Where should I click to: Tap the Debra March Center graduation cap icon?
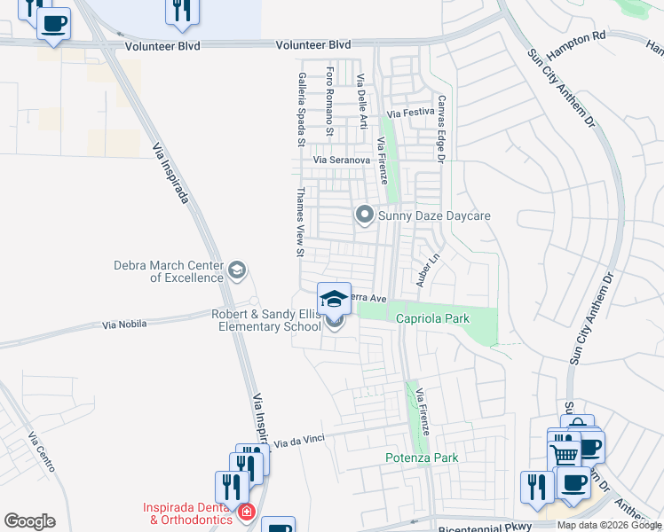coord(236,270)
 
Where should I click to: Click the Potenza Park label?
coord(422,458)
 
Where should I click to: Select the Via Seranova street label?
coord(341,160)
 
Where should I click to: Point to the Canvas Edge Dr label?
coord(439,129)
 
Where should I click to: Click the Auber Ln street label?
coord(428,270)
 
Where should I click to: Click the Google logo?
coord(29,521)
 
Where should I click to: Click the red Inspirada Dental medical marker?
coord(246,512)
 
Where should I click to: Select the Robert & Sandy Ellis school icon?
coord(335,299)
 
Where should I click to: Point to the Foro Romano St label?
coord(329,101)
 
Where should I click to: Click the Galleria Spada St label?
coord(302,110)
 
